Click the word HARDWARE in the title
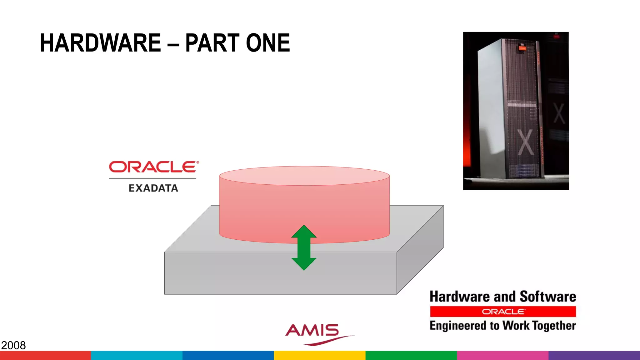[x=100, y=43]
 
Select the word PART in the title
[x=212, y=43]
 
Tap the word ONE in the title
[x=268, y=43]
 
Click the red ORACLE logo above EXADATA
[x=153, y=167]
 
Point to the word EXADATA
[x=153, y=188]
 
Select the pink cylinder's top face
[x=304, y=176]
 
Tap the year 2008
[x=13, y=345]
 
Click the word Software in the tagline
[x=548, y=297]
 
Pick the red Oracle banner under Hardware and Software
[x=503, y=312]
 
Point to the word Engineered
[x=458, y=326]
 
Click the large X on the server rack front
[x=526, y=142]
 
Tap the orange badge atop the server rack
[x=522, y=47]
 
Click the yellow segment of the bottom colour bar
[x=320, y=355]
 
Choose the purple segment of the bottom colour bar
[x=594, y=355]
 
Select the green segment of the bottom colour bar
[x=411, y=355]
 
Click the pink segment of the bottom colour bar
[x=502, y=355]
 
